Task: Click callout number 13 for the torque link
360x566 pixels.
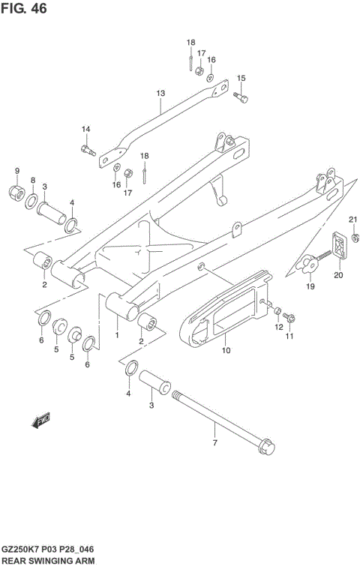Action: coord(160,94)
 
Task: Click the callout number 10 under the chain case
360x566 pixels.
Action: coord(226,349)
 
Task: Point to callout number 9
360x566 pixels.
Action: coord(17,170)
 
